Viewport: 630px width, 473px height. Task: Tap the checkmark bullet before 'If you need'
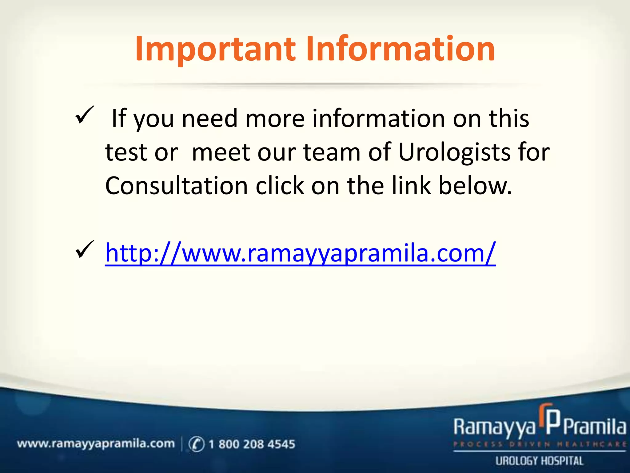click(84, 115)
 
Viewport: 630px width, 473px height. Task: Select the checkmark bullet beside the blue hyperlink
click(84, 249)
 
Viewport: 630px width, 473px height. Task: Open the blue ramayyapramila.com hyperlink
click(300, 253)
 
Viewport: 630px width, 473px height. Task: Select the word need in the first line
click(209, 119)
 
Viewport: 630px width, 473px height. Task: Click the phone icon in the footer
click(196, 444)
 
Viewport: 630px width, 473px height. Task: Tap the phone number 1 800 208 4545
click(252, 444)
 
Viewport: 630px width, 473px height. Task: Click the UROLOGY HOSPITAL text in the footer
click(539, 461)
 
